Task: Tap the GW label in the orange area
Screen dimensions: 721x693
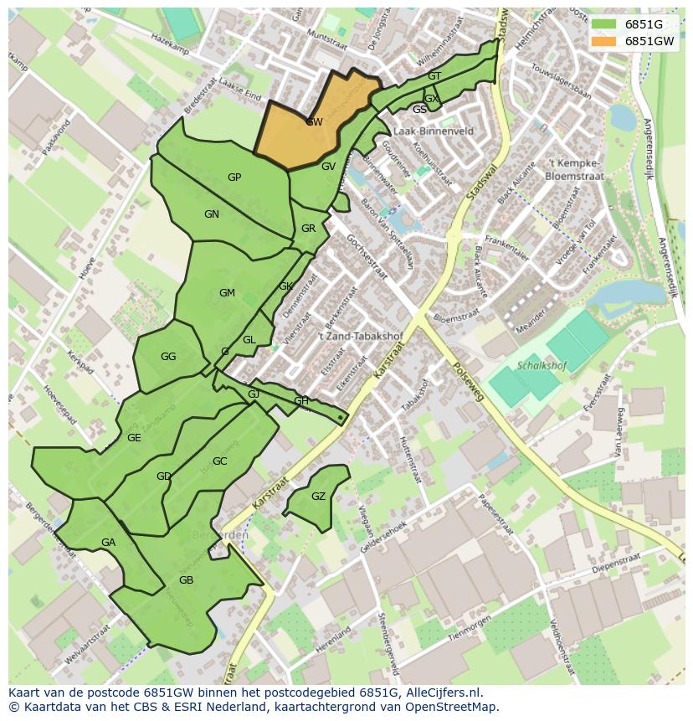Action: point(314,122)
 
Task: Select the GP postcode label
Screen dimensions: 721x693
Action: point(234,178)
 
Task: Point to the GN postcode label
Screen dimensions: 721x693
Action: point(212,214)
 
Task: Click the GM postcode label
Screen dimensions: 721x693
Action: point(227,293)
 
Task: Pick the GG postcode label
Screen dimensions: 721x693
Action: point(168,357)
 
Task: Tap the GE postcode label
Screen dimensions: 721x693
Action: point(134,438)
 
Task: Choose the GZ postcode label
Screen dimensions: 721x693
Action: point(318,497)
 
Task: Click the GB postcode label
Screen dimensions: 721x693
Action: point(186,580)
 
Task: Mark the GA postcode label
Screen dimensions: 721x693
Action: point(108,543)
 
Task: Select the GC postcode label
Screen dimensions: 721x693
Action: point(219,461)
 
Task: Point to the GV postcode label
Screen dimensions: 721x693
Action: point(328,167)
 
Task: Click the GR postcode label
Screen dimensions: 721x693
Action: point(308,229)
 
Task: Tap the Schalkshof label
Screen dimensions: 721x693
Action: point(542,366)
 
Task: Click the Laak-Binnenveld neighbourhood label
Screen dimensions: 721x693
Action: point(433,131)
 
